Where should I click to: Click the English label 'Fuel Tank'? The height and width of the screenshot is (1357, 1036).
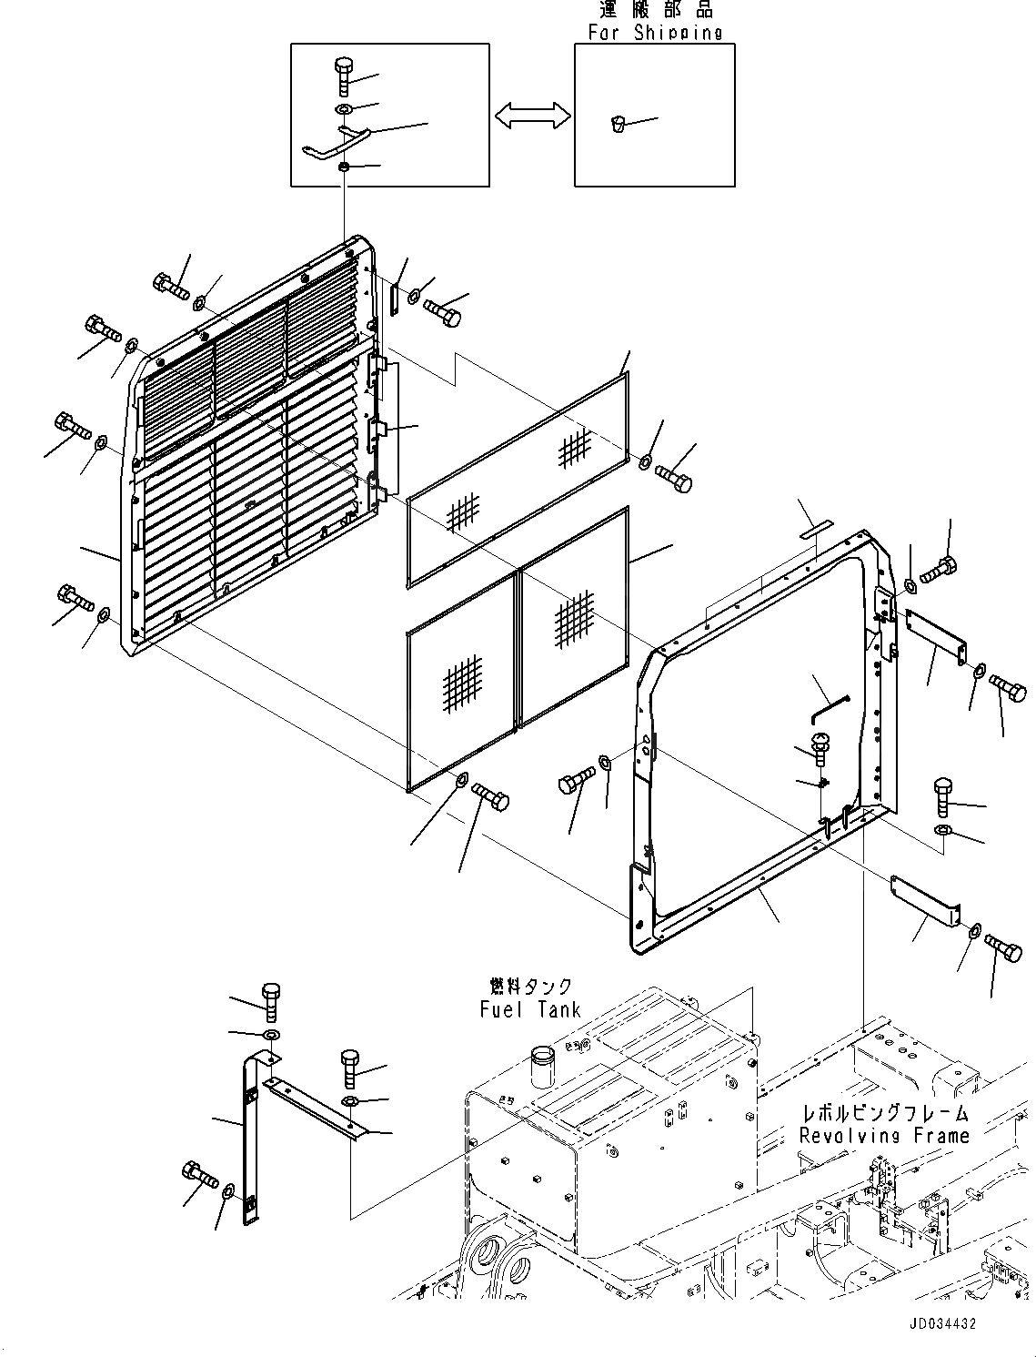point(529,1008)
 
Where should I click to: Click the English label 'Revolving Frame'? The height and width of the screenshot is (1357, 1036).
point(884,1135)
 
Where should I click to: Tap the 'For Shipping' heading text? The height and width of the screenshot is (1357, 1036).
point(654,33)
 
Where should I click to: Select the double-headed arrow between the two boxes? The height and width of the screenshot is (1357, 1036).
point(532,116)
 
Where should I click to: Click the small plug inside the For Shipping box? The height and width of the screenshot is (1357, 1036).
point(618,124)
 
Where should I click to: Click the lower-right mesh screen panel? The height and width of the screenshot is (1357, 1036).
point(574,618)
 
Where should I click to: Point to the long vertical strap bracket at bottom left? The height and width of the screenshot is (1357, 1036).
point(250,1138)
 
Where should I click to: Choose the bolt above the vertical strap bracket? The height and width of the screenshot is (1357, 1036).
point(271,1000)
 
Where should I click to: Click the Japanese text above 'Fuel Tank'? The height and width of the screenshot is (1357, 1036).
point(530,987)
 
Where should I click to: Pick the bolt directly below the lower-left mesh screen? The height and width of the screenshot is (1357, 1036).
point(491,799)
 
